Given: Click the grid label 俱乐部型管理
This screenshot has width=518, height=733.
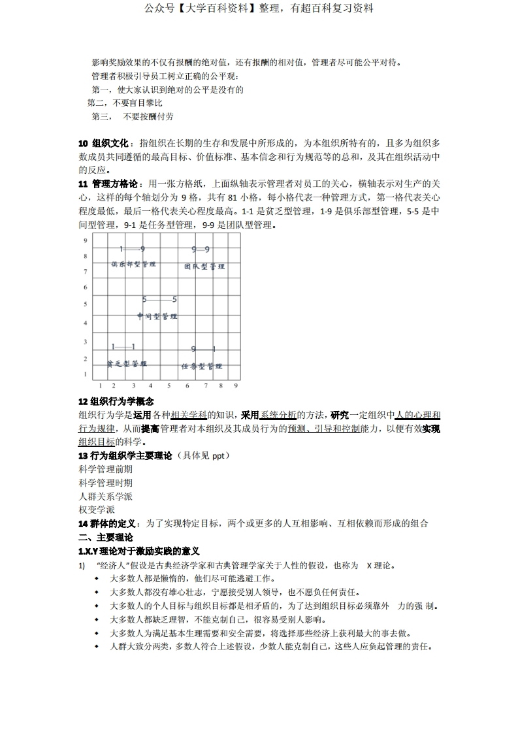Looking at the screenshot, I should (133, 265).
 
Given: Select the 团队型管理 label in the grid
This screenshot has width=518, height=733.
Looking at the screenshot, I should (204, 267).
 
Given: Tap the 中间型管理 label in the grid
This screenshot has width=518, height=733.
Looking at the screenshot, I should (157, 316).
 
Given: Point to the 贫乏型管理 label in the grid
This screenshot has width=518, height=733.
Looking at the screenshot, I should (127, 363).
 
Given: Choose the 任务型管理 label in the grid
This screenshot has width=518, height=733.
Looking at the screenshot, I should (202, 366).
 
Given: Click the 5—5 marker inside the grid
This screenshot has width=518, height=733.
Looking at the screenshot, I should (159, 300).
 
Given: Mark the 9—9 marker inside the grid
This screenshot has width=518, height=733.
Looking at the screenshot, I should (201, 250).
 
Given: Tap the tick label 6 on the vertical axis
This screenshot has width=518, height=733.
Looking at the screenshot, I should (85, 287).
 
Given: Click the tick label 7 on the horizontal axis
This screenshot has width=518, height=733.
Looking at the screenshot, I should (204, 386).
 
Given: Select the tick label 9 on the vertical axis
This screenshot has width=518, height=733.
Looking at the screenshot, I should (85, 240).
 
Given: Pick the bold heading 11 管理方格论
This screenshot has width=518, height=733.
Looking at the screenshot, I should (108, 184).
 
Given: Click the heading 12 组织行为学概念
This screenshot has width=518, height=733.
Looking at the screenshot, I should (116, 402).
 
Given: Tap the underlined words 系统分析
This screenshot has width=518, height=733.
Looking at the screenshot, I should (278, 415).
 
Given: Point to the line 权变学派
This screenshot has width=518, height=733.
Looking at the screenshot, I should (96, 510).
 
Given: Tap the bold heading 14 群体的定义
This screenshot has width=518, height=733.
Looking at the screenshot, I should (106, 523).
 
